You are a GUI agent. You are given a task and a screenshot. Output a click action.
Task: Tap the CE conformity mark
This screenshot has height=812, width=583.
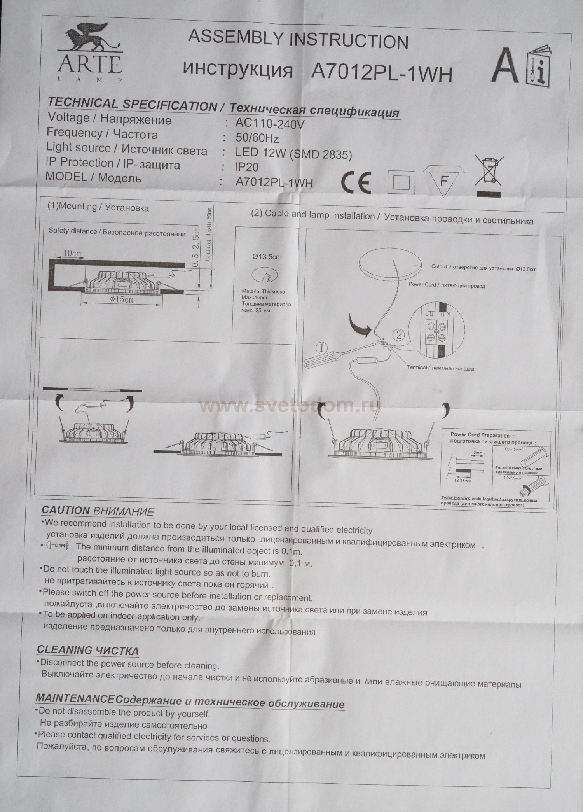pyautogui.click(x=356, y=182)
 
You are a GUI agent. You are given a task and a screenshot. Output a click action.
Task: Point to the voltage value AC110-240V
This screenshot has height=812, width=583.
pyautogui.click(x=270, y=124)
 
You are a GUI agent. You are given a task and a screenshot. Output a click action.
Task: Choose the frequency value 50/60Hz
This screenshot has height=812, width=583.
pyautogui.click(x=257, y=138)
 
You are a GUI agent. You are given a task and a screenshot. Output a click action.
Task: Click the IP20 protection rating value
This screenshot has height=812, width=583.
pyautogui.click(x=246, y=167)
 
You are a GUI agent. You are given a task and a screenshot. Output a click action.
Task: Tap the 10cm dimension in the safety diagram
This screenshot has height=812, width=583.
pyautogui.click(x=72, y=253)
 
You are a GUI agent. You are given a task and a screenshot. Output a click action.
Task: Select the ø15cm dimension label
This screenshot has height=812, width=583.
pyautogui.click(x=122, y=299)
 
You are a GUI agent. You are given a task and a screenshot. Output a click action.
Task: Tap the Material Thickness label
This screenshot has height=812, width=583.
pyautogui.click(x=263, y=291)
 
